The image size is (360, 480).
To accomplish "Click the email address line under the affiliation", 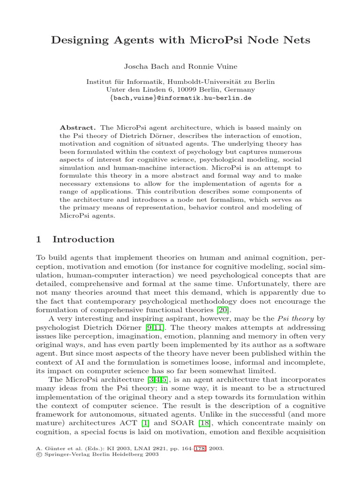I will click(x=180, y=98).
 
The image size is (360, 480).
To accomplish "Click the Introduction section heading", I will click(x=83, y=240).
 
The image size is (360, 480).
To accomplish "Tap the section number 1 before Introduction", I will click(x=39, y=240).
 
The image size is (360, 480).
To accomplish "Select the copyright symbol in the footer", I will click(x=38, y=454).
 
